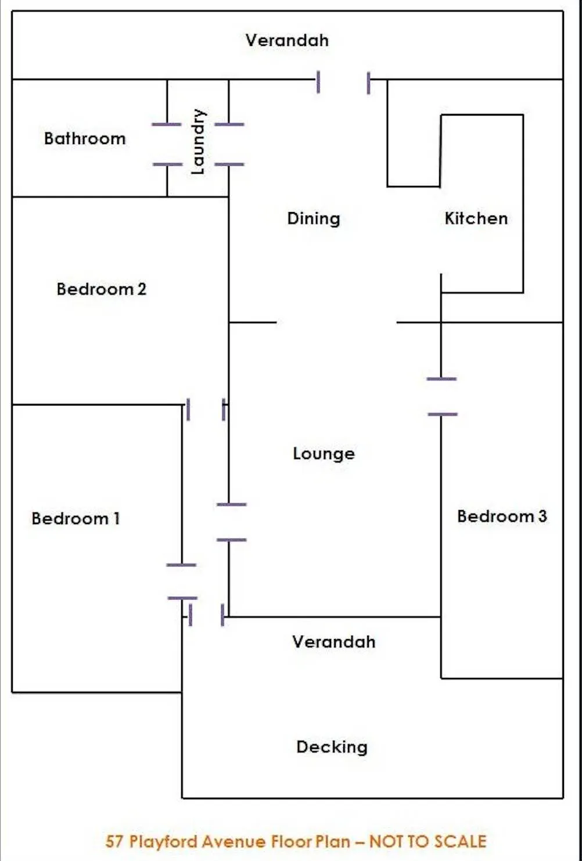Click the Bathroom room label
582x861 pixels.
(85, 138)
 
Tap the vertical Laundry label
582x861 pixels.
(199, 141)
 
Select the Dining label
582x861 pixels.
(314, 218)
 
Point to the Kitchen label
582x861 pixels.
(476, 218)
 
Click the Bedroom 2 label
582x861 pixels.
(102, 289)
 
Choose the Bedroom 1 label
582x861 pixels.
(76, 518)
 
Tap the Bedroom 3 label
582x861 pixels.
(502, 516)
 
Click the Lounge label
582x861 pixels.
(324, 454)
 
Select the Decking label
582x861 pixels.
(332, 747)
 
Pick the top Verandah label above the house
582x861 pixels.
(287, 40)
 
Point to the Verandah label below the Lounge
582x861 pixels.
(333, 642)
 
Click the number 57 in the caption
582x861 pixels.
(114, 841)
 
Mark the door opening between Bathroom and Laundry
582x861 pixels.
(167, 144)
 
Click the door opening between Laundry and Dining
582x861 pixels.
(229, 144)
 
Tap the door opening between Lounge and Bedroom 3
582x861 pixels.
(441, 396)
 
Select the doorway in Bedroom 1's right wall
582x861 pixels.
(182, 581)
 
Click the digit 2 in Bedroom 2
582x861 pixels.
(142, 289)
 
